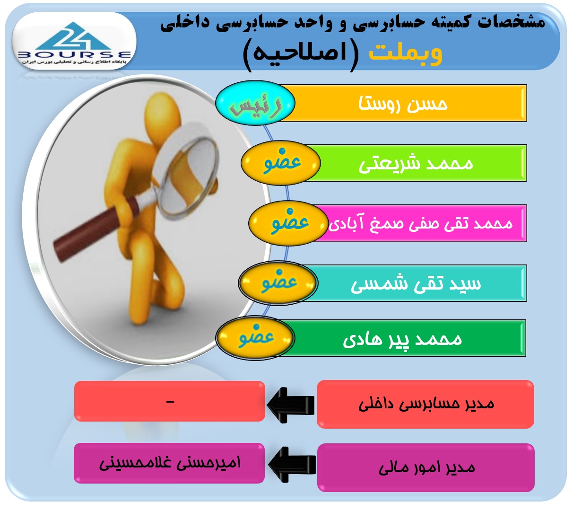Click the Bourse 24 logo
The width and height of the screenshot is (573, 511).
click(x=74, y=41)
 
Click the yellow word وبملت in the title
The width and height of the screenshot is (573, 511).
click(x=405, y=53)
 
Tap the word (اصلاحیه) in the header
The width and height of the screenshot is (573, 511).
click(x=301, y=55)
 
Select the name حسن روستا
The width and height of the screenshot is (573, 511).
click(x=403, y=104)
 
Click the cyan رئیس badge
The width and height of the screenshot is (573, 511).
click(x=255, y=103)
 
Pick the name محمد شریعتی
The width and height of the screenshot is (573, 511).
click(x=416, y=164)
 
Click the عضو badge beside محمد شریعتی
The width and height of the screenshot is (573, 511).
click(x=281, y=163)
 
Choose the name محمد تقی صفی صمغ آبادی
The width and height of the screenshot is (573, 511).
click(x=420, y=223)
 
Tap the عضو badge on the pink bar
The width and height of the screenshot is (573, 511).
click(x=288, y=223)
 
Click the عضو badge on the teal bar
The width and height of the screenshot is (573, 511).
click(x=278, y=283)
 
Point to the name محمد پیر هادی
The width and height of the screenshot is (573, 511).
click(x=402, y=339)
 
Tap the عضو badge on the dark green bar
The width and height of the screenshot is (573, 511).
click(x=255, y=338)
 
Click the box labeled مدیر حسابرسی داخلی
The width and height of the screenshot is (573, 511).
click(x=425, y=404)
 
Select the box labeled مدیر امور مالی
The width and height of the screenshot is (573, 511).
click(x=425, y=467)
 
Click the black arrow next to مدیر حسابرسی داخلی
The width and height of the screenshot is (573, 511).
click(x=291, y=405)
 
